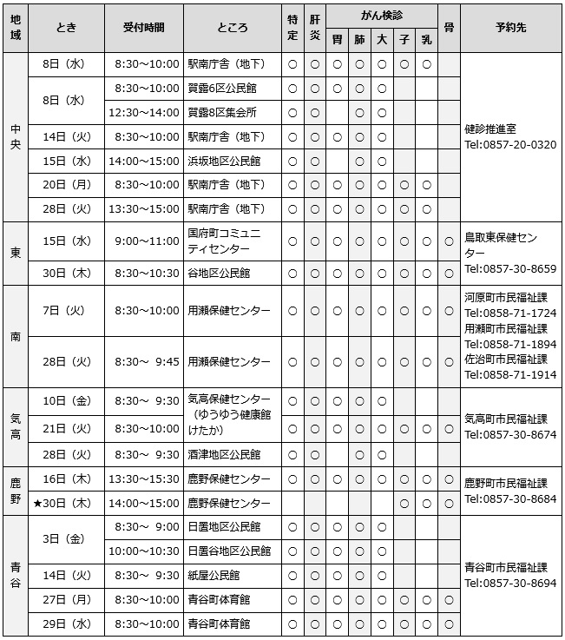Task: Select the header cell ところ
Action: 233,28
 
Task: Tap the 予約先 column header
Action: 509,28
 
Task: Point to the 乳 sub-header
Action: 426,39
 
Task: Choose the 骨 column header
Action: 449,28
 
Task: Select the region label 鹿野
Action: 16,492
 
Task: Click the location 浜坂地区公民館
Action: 224,161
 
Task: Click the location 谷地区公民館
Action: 219,273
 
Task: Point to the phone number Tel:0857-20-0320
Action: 509,144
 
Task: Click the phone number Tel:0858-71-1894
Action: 509,343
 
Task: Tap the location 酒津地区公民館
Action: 224,454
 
